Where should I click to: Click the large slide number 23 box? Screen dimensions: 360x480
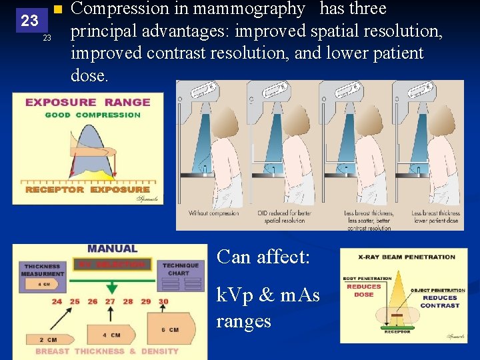tap(29, 20)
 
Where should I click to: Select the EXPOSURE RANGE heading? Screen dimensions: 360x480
tap(87, 102)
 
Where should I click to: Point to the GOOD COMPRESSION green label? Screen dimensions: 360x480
tap(93, 115)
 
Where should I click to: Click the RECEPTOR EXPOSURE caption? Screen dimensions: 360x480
tap(87, 190)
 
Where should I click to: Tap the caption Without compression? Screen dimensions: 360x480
tap(213, 213)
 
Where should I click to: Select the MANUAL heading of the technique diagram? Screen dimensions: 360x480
tap(112, 249)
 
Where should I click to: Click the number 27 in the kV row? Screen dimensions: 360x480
tap(110, 301)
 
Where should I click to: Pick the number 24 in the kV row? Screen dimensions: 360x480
tap(57, 301)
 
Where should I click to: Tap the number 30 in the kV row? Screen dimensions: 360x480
tap(163, 301)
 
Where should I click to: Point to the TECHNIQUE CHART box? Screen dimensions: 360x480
tap(181, 269)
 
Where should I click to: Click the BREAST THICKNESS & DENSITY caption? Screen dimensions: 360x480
tap(107, 351)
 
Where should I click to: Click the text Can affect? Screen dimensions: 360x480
tap(263, 257)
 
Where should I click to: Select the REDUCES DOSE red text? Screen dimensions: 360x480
tap(364, 290)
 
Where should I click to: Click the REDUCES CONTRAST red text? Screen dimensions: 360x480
tap(440, 301)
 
